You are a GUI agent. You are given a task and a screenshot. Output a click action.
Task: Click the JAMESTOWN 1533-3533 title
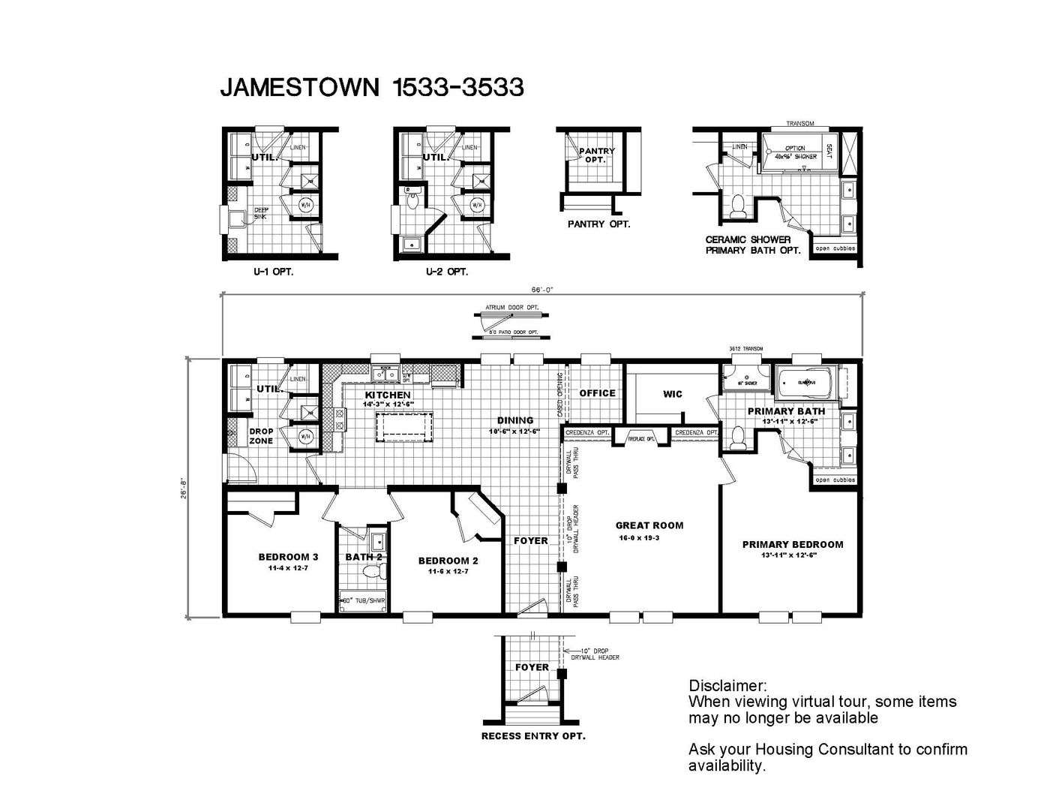[x=371, y=88]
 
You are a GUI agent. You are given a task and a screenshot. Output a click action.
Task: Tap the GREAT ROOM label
[x=649, y=525]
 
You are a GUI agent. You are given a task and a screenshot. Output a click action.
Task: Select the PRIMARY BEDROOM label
[x=792, y=545]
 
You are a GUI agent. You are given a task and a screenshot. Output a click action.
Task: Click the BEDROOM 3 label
[x=288, y=557]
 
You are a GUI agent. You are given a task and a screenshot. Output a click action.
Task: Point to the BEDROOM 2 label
[x=448, y=561]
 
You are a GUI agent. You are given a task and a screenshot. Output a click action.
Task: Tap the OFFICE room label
[x=597, y=393]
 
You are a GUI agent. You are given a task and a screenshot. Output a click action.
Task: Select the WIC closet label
[x=673, y=394]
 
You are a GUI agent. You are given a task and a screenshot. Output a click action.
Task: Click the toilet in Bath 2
[x=373, y=573]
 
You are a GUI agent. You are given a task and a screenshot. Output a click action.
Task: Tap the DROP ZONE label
[x=261, y=436]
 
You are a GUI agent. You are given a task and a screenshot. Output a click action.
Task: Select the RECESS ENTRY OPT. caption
[x=532, y=736]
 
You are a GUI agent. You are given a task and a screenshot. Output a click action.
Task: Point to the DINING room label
[x=515, y=420]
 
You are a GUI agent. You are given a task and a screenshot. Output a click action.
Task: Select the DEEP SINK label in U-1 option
[x=260, y=213]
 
